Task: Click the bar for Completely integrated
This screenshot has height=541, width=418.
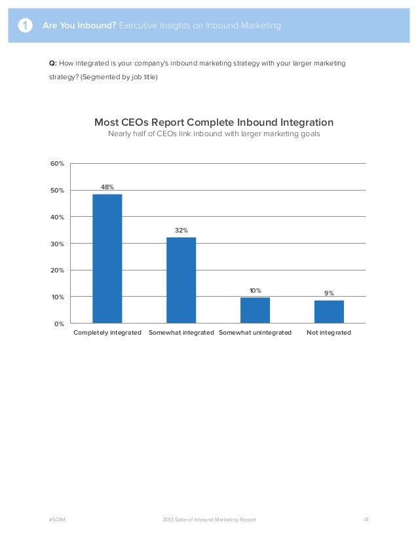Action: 107,258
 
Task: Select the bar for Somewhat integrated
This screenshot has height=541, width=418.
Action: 181,280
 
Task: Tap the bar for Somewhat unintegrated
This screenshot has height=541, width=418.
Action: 255,310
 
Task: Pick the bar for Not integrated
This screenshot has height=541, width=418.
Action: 329,312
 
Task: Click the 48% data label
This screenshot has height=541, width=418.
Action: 107,187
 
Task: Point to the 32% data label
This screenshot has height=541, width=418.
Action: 181,231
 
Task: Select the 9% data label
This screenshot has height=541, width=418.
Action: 329,293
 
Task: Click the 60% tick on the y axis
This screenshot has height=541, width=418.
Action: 58,163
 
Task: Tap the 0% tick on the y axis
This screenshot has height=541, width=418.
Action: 59,324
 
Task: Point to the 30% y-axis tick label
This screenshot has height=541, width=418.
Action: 58,244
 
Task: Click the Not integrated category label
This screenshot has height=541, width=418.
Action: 329,333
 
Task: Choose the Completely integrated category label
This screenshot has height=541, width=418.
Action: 107,333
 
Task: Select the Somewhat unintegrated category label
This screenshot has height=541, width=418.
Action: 255,333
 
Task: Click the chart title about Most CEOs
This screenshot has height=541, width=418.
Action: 214,122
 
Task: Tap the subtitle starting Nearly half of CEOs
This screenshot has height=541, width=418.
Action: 214,135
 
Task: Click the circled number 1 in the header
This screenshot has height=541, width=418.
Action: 24,26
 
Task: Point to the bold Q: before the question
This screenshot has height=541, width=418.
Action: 53,64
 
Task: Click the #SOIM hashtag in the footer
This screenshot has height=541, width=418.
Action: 57,519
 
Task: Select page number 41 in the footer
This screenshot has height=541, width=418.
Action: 367,519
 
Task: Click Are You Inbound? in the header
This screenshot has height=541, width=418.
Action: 79,26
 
